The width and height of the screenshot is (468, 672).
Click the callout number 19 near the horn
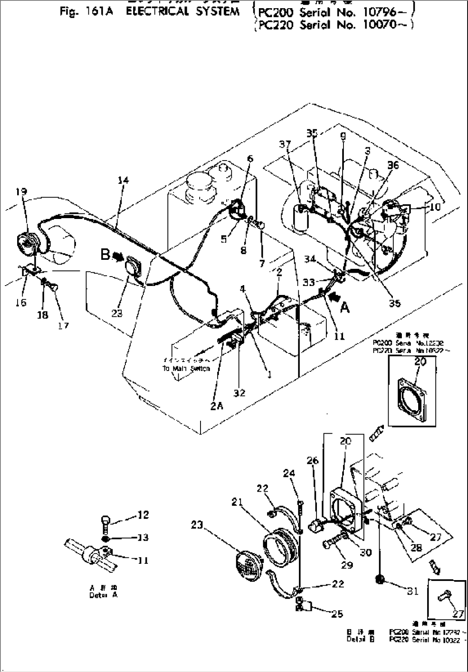click(21, 192)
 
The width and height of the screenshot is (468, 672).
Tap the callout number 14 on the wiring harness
click(123, 180)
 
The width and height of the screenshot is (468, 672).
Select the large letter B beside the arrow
click(105, 254)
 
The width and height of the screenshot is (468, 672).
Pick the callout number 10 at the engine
click(435, 207)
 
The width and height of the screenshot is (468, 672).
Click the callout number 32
click(239, 392)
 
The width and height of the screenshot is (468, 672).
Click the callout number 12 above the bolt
click(143, 514)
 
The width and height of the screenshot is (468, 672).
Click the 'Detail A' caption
click(103, 595)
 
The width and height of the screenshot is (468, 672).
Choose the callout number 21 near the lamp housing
click(237, 502)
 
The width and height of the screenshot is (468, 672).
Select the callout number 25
click(337, 614)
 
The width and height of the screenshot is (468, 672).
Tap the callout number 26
click(313, 461)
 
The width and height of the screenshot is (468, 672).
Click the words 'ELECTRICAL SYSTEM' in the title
click(182, 11)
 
